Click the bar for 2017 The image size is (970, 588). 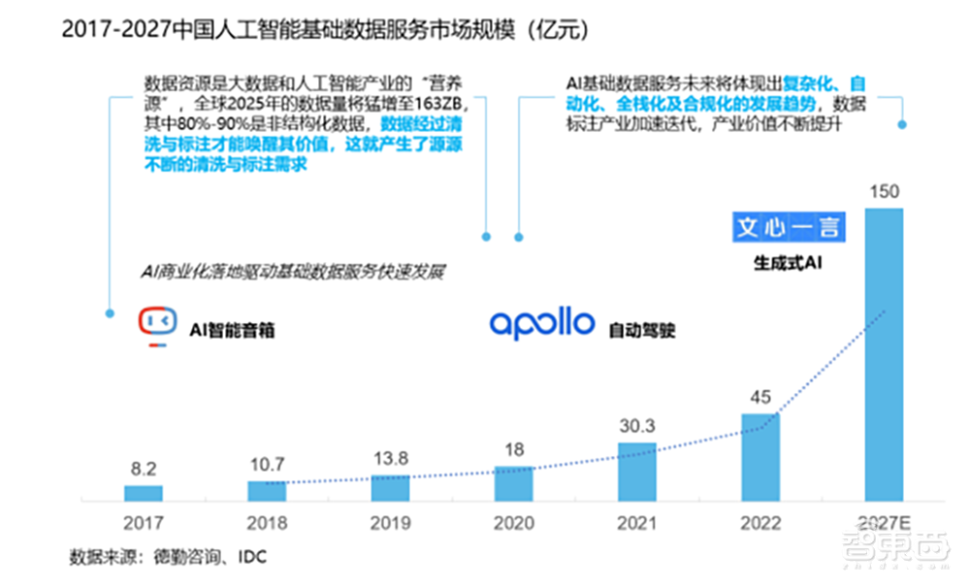coord(144,492)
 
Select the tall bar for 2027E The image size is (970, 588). coord(884,354)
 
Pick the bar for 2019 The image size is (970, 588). coord(390,488)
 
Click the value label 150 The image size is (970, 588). coord(884,191)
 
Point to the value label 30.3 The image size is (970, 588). coord(636,425)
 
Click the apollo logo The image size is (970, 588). coord(541,323)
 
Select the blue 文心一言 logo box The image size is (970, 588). coord(788,227)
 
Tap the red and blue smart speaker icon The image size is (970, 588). coord(158,325)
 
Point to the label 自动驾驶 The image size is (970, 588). coord(642,330)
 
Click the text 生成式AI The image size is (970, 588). coord(788,263)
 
